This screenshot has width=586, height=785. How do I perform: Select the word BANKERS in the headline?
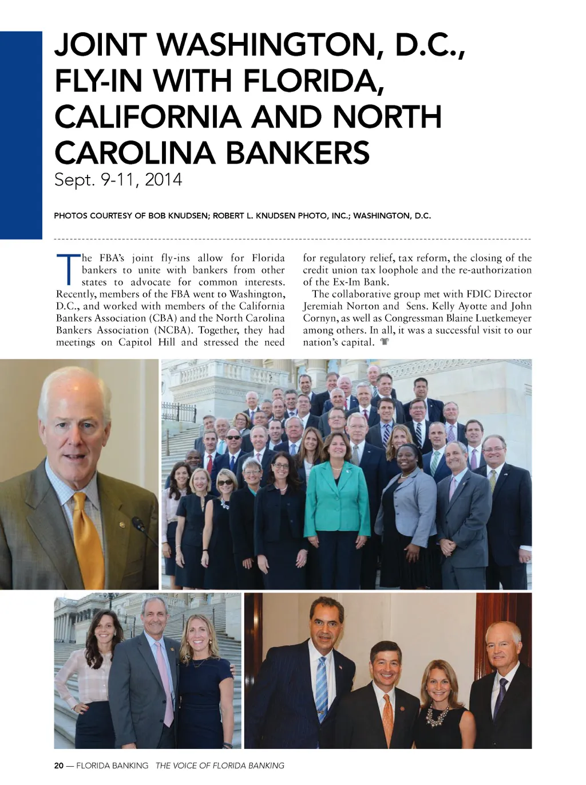[297, 153]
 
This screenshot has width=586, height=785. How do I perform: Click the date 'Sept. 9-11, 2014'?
[118, 180]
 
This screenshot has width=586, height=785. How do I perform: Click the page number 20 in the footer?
[58, 766]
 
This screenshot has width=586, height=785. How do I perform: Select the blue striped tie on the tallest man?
[322, 688]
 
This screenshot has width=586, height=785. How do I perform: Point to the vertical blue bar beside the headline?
[21, 135]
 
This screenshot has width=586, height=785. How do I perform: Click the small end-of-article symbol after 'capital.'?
[385, 343]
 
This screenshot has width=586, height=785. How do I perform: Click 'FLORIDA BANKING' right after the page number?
[112, 766]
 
